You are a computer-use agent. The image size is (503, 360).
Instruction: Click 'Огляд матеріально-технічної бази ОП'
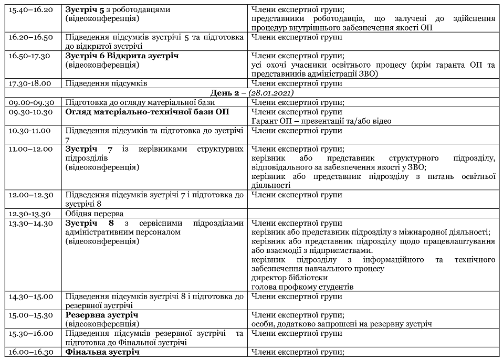[147, 112]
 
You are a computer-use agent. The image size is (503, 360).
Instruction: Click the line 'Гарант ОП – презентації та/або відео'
[321, 121]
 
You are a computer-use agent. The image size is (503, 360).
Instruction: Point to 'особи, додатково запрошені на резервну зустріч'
[342, 324]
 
